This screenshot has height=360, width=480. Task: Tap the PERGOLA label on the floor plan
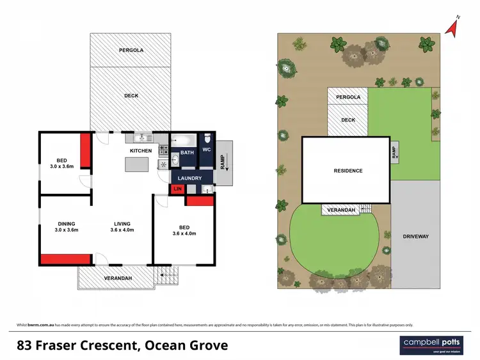pyautogui.click(x=131, y=50)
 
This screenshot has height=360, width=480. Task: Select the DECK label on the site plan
pyautogui.click(x=348, y=120)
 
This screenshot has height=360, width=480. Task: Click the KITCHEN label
pyautogui.click(x=141, y=151)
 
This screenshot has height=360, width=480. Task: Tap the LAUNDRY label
pyautogui.click(x=189, y=178)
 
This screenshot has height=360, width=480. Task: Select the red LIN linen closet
pyautogui.click(x=177, y=189)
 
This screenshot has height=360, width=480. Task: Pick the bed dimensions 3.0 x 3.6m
pyautogui.click(x=62, y=166)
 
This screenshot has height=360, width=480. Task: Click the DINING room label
pyautogui.click(x=66, y=224)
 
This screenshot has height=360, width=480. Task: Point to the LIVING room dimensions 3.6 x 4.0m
pyautogui.click(x=122, y=230)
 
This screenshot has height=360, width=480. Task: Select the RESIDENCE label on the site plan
pyautogui.click(x=348, y=171)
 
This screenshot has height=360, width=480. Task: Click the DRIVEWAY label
pyautogui.click(x=416, y=237)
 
